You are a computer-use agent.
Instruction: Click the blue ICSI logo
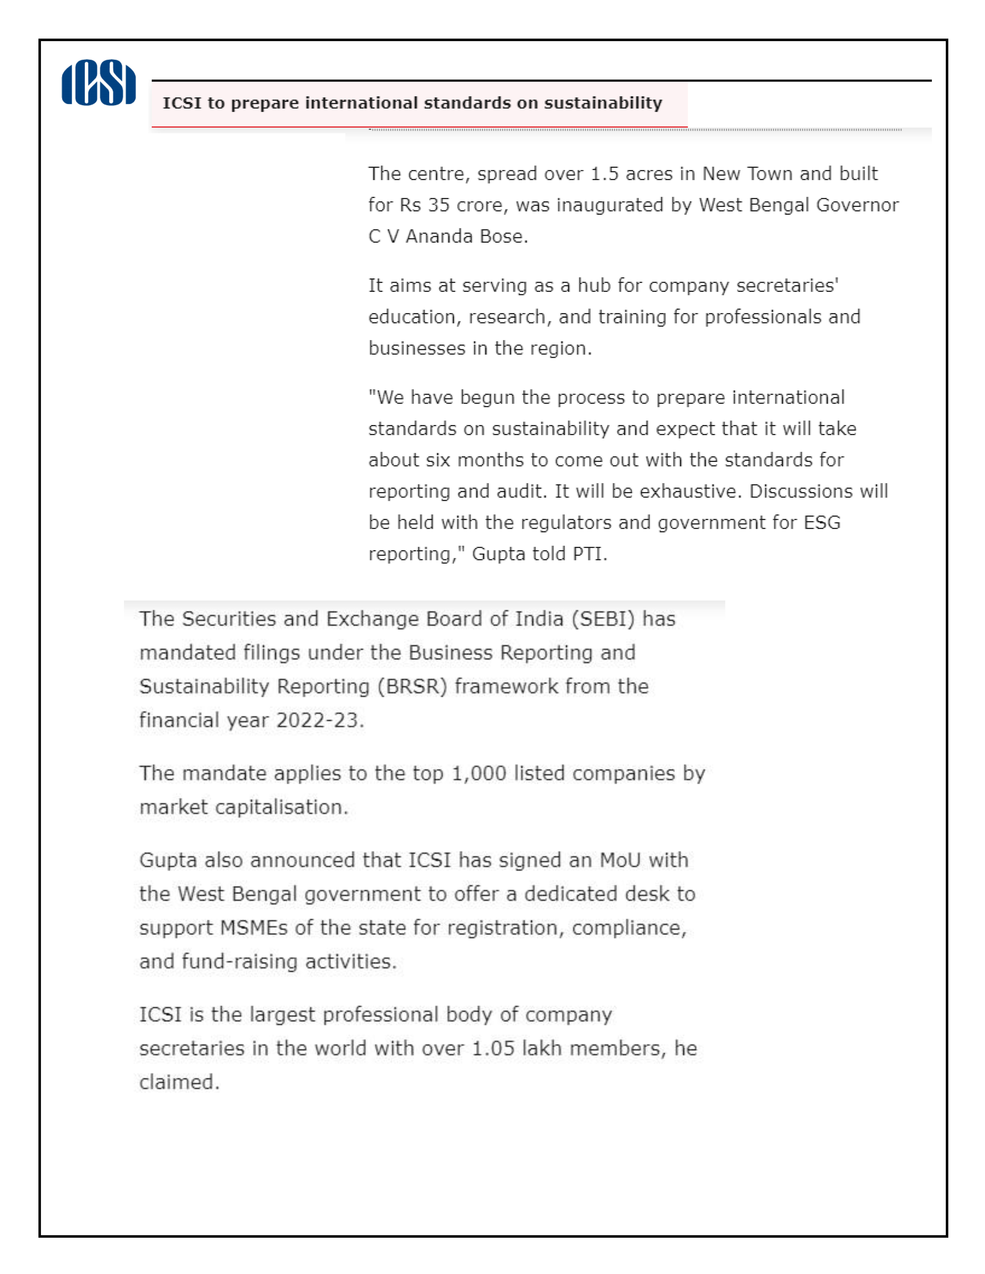[x=99, y=82]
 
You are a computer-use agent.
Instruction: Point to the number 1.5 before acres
[x=604, y=174]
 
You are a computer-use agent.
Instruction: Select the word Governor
[x=857, y=205]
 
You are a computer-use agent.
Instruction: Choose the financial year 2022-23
[x=320, y=720]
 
